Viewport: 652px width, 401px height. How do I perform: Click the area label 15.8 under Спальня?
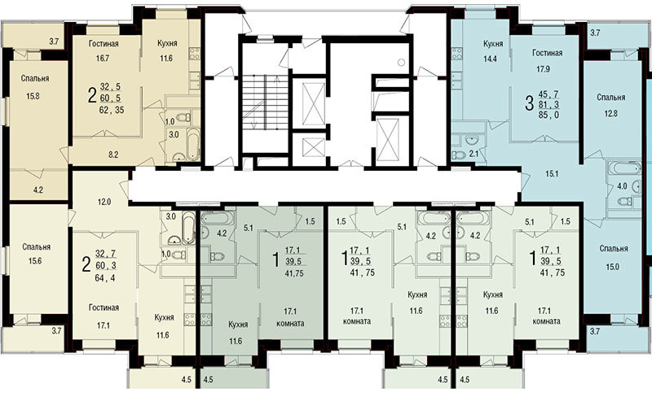click(33, 96)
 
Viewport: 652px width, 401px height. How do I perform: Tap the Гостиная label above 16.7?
click(104, 44)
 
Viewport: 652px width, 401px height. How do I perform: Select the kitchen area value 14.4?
click(490, 59)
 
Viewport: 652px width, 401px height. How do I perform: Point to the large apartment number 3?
click(529, 103)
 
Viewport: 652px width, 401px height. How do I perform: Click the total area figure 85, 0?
click(548, 116)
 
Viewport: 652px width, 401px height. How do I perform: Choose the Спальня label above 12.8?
click(610, 98)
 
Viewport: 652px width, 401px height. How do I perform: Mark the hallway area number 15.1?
click(552, 174)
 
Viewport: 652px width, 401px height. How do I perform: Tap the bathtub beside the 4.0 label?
click(624, 168)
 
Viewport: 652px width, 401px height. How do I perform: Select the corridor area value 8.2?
click(113, 155)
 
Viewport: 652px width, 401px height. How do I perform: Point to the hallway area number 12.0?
click(104, 203)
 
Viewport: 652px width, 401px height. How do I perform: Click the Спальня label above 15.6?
click(37, 247)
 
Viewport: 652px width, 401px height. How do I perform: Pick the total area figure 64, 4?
click(105, 277)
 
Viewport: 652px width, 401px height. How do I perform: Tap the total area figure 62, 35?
click(112, 111)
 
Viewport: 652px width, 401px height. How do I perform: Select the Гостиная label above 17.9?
click(547, 53)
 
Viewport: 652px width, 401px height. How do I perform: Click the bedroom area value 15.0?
click(613, 267)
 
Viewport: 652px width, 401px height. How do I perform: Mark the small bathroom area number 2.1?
click(474, 155)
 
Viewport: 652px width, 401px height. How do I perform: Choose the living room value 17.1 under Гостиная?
click(104, 326)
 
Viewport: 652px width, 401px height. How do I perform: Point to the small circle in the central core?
click(401, 63)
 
